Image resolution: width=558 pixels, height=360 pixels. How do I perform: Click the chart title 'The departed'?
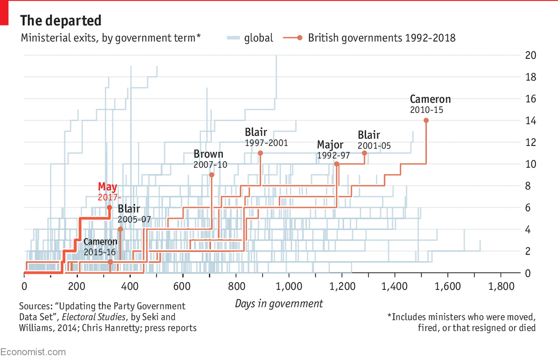pos(61,20)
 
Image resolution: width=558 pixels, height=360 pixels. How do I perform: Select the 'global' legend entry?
pos(258,38)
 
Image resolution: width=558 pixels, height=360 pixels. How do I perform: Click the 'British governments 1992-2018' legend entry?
pos(381,38)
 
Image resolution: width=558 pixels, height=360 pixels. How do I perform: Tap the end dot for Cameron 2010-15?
pos(426,120)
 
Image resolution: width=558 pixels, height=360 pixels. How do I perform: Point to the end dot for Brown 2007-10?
pos(211,175)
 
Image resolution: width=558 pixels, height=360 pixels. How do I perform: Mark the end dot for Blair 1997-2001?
pos(260,153)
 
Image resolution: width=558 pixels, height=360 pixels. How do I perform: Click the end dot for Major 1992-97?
pos(336,164)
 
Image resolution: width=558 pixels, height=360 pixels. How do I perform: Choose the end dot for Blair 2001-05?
pos(364,153)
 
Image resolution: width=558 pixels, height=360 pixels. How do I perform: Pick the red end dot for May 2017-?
pos(109,207)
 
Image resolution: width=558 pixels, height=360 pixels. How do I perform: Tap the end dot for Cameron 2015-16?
pos(110,262)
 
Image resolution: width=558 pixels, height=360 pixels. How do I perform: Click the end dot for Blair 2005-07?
pos(120,229)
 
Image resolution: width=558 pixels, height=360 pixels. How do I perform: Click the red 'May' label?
pos(107,187)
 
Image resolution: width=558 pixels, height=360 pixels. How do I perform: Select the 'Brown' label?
pos(208,154)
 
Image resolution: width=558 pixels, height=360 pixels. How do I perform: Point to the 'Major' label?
pos(330,145)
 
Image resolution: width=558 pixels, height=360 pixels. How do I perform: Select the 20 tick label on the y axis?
pos(531,55)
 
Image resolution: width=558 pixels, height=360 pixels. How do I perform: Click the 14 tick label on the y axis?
pos(531,121)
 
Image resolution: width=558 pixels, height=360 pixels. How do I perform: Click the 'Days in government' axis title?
pos(279,304)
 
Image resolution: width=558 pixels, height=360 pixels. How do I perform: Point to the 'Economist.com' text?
pos(33,352)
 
